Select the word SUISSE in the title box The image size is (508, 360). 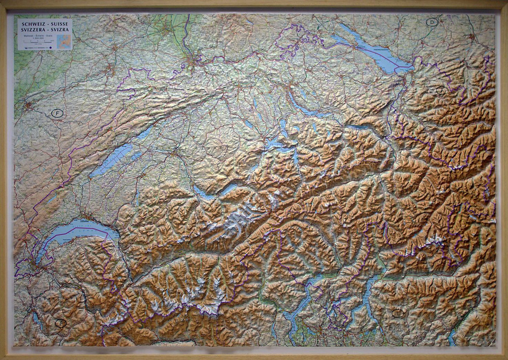pyautogui.click(x=59, y=24)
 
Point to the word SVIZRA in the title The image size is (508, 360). pyautogui.click(x=60, y=30)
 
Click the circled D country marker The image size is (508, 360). pyautogui.click(x=432, y=22)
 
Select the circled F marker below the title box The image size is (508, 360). pyautogui.click(x=57, y=113)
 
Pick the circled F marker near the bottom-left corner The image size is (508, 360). pyautogui.click(x=60, y=323)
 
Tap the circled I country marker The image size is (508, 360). pyautogui.click(x=398, y=313)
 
